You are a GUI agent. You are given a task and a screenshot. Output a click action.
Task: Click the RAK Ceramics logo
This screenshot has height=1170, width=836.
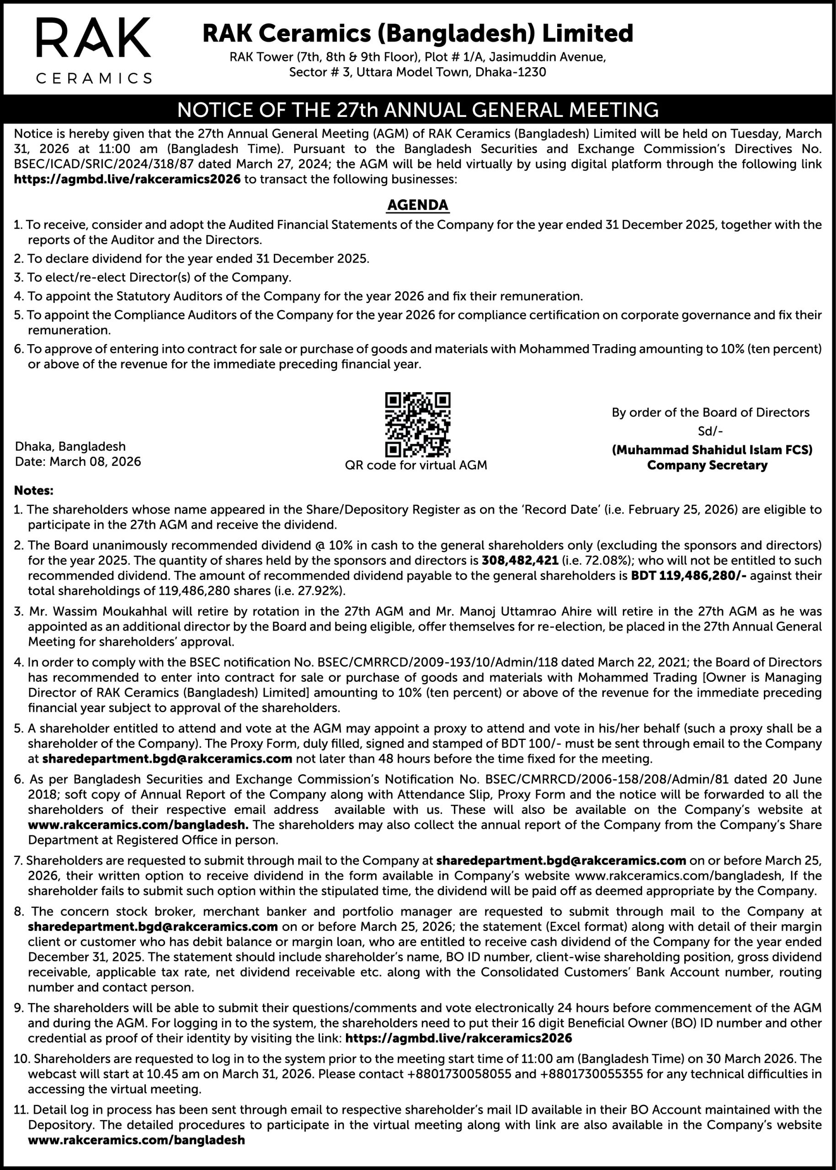(94, 50)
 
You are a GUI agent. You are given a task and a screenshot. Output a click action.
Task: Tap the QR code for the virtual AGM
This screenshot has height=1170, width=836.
(417, 424)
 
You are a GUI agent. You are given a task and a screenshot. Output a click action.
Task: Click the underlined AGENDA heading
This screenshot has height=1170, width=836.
(417, 205)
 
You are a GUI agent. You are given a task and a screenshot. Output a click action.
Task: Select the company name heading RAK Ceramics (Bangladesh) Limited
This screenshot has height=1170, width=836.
(417, 33)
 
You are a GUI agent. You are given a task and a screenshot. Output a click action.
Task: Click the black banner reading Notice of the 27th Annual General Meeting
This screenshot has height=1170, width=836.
(417, 110)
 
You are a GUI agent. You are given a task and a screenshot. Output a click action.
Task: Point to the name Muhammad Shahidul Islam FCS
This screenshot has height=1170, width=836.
(712, 450)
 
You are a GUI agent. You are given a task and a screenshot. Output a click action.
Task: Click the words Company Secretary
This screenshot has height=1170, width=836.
(707, 465)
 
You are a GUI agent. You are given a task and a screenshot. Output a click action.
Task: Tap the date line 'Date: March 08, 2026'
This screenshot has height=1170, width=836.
(78, 461)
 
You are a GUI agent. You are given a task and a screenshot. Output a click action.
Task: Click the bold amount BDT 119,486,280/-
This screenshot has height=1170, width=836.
(688, 575)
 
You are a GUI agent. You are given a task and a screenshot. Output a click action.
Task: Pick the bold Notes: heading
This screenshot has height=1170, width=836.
(33, 490)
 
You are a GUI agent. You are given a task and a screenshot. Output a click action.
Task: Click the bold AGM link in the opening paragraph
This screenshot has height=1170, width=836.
(127, 179)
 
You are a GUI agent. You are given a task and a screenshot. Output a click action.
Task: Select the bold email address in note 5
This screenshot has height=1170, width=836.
(167, 759)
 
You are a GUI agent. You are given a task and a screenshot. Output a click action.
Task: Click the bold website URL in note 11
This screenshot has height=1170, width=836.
(136, 1140)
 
